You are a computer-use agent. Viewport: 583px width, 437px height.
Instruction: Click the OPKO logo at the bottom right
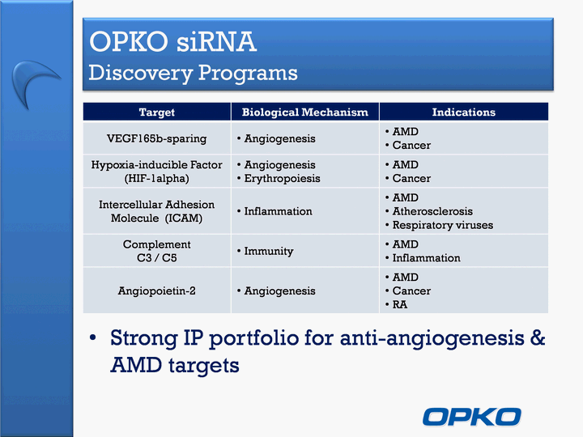pyautogui.click(x=471, y=417)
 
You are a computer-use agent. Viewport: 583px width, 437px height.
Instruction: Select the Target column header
pyautogui.click(x=156, y=112)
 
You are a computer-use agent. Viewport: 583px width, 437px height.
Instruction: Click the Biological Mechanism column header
pyautogui.click(x=305, y=112)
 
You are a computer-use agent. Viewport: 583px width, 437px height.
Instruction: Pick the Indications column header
pyautogui.click(x=464, y=112)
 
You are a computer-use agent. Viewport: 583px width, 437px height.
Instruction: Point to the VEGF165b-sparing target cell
pyautogui.click(x=156, y=138)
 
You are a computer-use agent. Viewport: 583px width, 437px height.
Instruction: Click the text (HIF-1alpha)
pyautogui.click(x=156, y=178)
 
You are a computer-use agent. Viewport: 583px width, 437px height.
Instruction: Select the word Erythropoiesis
pyautogui.click(x=282, y=178)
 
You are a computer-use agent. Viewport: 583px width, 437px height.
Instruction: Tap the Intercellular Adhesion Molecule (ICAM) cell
pyautogui.click(x=156, y=211)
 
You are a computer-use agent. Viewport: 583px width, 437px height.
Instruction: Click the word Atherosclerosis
pyautogui.click(x=432, y=211)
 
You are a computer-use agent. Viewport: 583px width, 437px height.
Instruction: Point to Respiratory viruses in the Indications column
pyautogui.click(x=442, y=225)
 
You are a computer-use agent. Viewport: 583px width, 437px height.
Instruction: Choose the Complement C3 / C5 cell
pyautogui.click(x=156, y=251)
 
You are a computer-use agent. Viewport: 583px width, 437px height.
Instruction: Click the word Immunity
pyautogui.click(x=269, y=251)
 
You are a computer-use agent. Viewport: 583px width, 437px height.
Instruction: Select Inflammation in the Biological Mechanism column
pyautogui.click(x=278, y=211)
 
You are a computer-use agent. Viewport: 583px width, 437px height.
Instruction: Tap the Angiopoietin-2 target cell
pyautogui.click(x=156, y=291)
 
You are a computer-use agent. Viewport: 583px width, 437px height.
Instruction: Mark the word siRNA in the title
pyautogui.click(x=216, y=41)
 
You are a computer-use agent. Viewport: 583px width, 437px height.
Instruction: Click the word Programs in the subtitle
pyautogui.click(x=248, y=73)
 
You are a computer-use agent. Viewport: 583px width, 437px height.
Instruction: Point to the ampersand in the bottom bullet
pyautogui.click(x=537, y=337)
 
